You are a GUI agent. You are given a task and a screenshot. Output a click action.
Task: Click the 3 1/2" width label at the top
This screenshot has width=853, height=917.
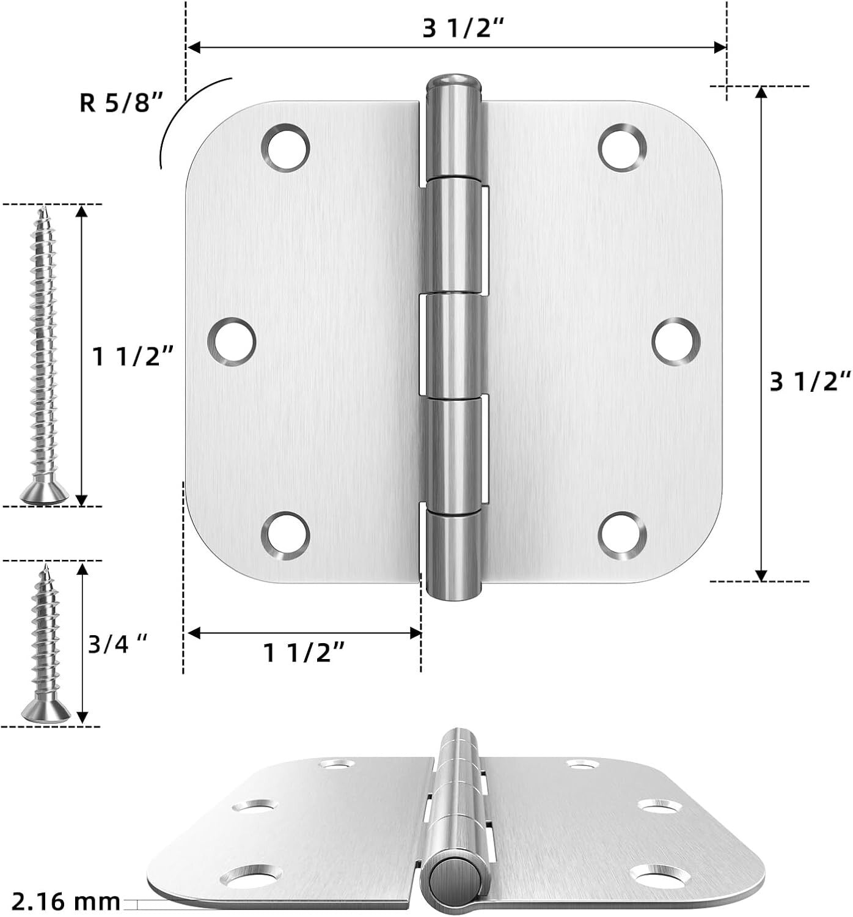point(457,29)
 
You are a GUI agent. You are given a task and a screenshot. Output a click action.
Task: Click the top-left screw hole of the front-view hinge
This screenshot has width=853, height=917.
point(285,147)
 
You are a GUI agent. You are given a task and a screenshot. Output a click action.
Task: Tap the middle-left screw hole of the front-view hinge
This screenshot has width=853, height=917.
point(233,342)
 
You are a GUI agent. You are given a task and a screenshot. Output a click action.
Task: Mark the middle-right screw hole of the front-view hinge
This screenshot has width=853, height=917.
point(675,342)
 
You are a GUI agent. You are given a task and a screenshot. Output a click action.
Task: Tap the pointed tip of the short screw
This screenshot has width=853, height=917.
point(46,570)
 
